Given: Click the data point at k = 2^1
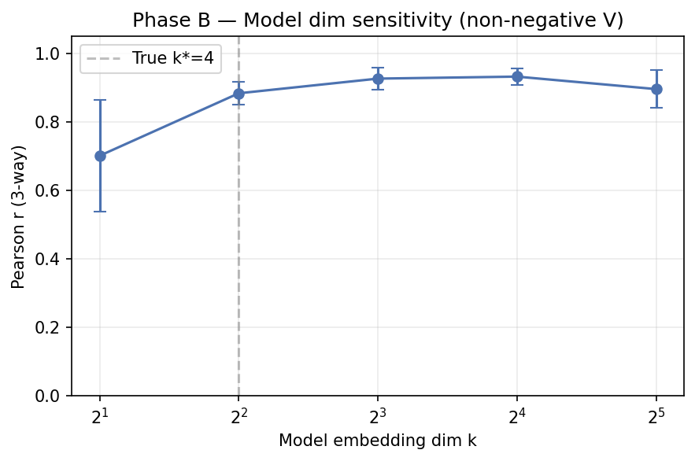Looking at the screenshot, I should point(100,156).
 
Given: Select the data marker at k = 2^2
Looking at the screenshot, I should point(238,94).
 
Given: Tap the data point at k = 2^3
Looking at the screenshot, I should point(378,79).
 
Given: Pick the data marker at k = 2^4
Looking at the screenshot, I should point(517,76).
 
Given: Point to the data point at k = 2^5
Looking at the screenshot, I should point(656,89).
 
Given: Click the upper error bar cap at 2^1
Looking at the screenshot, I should point(100,100).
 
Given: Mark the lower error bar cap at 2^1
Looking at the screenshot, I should point(100,212).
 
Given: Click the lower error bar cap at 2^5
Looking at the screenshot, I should point(656,108).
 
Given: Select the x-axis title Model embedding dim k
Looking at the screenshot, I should point(377,441).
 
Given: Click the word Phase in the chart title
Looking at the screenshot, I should point(157,20).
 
